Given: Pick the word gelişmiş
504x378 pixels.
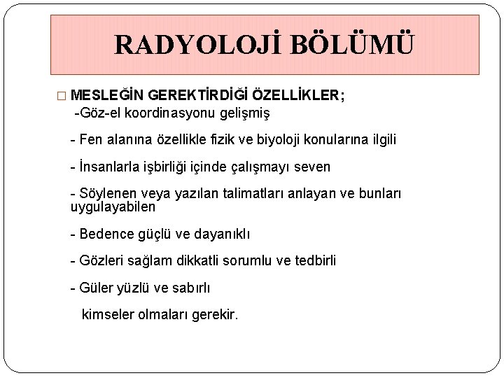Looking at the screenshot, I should pyautogui.click(x=245, y=112).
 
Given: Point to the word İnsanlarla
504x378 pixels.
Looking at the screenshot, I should pyautogui.click(x=110, y=167).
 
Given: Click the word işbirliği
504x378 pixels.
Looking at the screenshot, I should pyautogui.click(x=172, y=167).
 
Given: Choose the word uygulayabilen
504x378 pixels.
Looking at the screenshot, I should pyautogui.click(x=113, y=207).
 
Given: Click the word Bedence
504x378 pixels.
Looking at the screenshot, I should pyautogui.click(x=104, y=234).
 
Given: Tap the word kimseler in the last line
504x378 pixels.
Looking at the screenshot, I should pyautogui.click(x=110, y=315).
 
